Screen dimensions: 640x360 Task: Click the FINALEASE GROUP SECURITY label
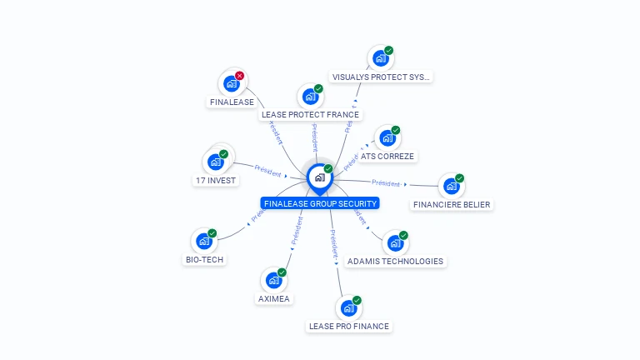[x=320, y=203]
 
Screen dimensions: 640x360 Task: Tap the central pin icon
[x=319, y=177]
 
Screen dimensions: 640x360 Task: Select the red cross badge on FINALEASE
[x=240, y=76]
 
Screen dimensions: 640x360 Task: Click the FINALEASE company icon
[x=231, y=84]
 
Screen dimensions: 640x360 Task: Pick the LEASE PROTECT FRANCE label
[x=309, y=115]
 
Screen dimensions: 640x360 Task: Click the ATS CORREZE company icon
[x=386, y=138]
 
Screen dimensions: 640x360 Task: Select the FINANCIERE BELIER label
[x=452, y=204]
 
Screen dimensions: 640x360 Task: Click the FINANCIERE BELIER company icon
[x=451, y=187]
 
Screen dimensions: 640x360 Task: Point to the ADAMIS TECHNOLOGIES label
[x=395, y=261]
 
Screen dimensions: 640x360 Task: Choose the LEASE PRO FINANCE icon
[x=348, y=308]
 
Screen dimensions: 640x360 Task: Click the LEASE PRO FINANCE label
[x=348, y=326]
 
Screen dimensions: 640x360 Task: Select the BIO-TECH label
[x=204, y=259]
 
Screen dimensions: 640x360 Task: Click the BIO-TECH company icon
[x=203, y=242]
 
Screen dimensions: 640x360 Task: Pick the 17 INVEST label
[x=216, y=180]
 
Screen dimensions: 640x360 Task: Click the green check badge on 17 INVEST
[x=223, y=154]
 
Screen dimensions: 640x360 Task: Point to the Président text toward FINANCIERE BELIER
[x=386, y=182]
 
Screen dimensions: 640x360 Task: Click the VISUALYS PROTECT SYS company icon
[x=380, y=58]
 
